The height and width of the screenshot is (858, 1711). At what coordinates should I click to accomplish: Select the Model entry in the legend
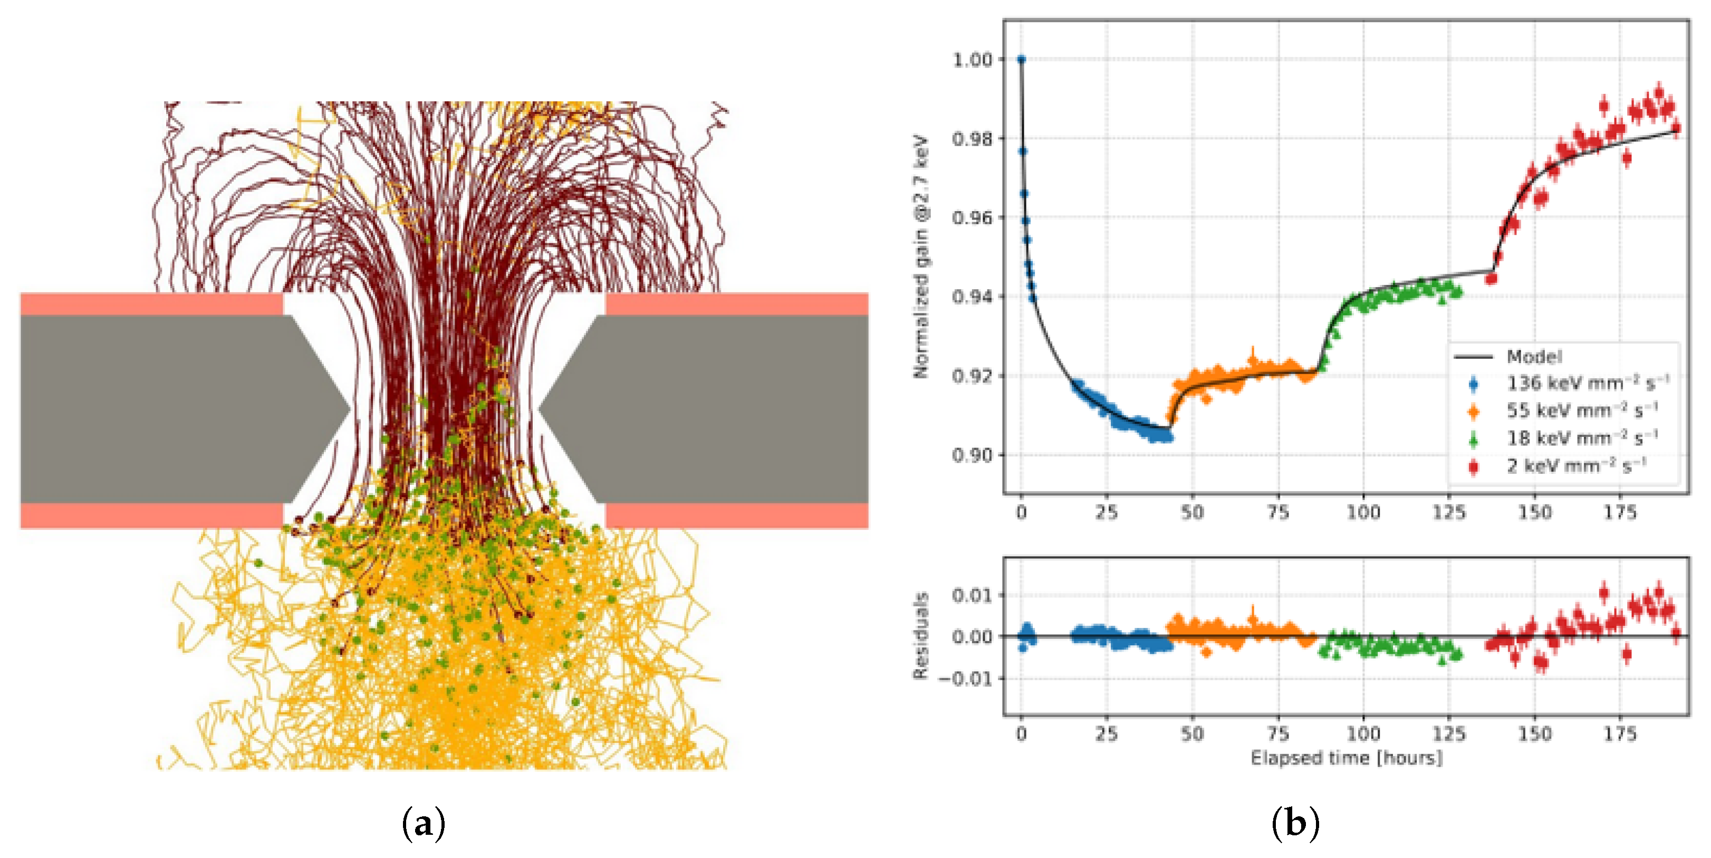[x=1534, y=357]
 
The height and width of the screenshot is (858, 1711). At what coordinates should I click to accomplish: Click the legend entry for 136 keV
[x=1587, y=384]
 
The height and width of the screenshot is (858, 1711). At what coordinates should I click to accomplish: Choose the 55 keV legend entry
[x=1581, y=411]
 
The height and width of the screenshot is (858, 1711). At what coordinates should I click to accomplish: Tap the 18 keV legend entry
[x=1581, y=438]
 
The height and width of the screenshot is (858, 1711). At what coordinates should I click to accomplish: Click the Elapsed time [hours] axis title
[x=1347, y=758]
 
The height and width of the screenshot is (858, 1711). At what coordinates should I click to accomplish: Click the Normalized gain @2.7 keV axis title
[x=920, y=256]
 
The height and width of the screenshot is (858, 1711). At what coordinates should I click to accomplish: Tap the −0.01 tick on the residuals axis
[x=966, y=679]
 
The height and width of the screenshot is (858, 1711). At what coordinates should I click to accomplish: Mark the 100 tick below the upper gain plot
[x=1363, y=512]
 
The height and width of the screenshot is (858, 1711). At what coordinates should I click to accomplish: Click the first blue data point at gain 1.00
[x=1022, y=60]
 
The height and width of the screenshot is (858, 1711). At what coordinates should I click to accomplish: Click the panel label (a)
[x=424, y=824]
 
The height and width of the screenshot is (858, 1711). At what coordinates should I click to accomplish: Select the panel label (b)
[x=1295, y=824]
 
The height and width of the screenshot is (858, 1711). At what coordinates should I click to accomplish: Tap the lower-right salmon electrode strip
[x=737, y=516]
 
